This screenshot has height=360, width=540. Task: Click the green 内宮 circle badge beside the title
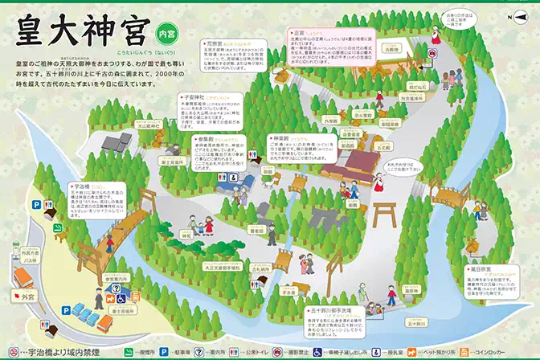pos(166,34)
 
